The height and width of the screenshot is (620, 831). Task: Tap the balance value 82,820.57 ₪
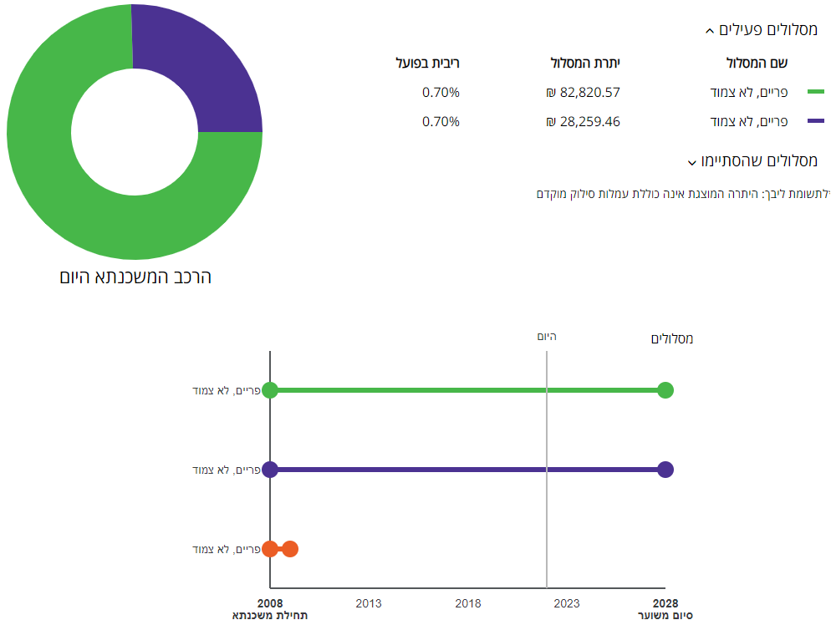pos(583,93)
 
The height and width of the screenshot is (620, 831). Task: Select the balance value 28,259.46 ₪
pos(583,122)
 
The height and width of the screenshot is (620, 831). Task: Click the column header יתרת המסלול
pos(585,64)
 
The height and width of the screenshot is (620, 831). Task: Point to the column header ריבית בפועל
pos(428,64)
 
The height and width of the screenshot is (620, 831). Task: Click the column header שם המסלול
pos(756,64)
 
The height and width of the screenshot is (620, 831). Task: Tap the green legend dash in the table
pos(815,93)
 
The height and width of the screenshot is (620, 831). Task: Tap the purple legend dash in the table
pos(815,122)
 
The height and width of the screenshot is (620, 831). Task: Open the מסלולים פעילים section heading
pos(761,30)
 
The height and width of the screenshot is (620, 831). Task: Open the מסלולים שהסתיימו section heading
pos(752,160)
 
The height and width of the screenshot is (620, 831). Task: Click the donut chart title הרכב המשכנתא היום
pos(135,277)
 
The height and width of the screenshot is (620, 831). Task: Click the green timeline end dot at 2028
pos(665,390)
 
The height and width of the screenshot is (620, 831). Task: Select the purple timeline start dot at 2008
pos(270,470)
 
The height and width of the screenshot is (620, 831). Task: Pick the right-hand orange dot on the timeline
pos(290,549)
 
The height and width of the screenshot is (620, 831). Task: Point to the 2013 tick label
pos(369,603)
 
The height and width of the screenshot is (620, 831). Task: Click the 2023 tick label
pos(566,603)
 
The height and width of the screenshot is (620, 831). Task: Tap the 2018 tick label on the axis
pos(467,603)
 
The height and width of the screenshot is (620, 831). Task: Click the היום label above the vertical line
pos(547,337)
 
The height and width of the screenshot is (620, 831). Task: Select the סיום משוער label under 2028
pos(665,615)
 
